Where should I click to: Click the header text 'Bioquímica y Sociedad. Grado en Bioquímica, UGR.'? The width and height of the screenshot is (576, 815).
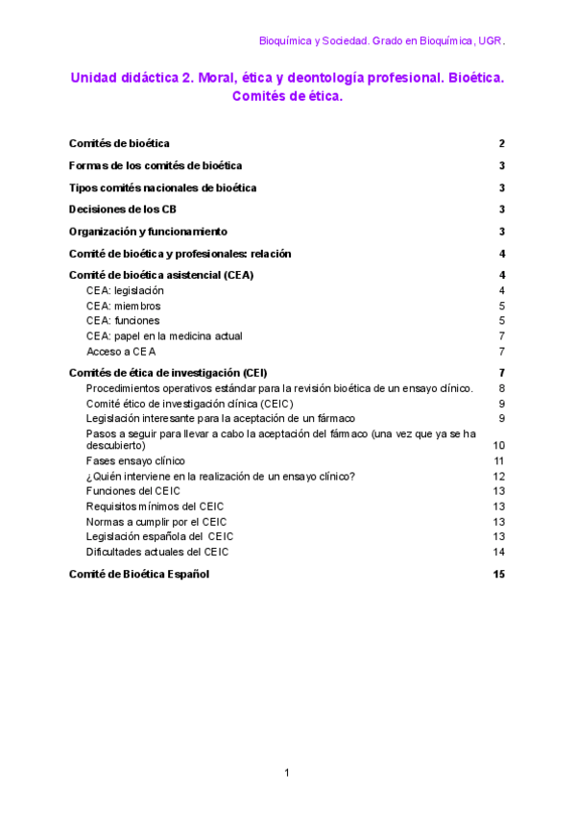pos(382,41)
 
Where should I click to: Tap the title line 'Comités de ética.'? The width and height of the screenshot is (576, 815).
pos(287,96)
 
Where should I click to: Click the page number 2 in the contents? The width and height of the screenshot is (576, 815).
pos(502,144)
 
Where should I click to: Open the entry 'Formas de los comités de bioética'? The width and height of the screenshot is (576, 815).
pos(155,166)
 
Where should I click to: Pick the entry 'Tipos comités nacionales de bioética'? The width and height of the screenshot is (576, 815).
pos(162,188)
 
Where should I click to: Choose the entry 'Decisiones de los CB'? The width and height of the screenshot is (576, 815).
pos(122,210)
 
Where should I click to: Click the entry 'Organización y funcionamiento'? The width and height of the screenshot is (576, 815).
pos(148,232)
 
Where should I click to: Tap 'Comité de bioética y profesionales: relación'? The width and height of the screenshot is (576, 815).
pos(180,254)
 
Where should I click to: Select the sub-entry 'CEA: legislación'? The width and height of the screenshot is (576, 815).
pos(125,290)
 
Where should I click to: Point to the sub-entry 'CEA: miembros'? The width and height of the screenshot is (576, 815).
pos(123,306)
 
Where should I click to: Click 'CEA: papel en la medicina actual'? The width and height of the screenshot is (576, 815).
pos(164,336)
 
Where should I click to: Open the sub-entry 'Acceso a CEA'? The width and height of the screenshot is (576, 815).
pos(121,352)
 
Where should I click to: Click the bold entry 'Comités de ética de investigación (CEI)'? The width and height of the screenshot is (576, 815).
pos(168,373)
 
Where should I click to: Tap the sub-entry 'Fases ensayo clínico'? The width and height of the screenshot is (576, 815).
pos(135,461)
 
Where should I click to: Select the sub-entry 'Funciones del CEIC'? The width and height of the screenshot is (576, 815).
pos(132,491)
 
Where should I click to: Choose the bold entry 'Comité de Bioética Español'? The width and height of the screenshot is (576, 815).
pos(138,575)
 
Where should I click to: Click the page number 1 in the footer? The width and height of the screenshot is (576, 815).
pos(286,773)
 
